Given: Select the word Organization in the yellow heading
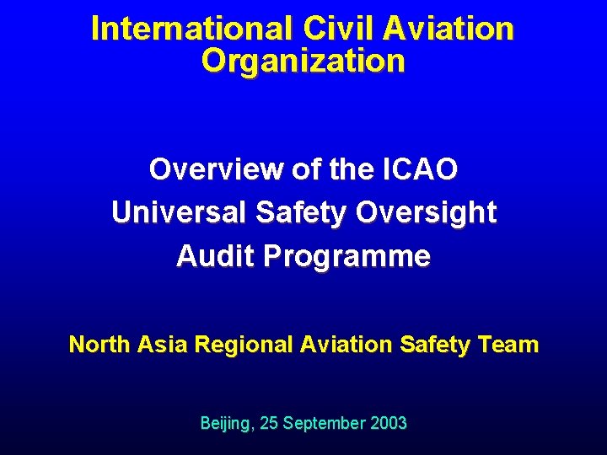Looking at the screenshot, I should pos(303,61).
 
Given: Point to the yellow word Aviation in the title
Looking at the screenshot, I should pos(448,28).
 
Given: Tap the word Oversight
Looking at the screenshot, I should pos(426,213).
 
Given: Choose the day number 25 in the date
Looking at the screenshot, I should pos(269,423).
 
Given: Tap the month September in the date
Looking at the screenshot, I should pos(325,423).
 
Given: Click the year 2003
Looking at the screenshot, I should pos(388,423).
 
